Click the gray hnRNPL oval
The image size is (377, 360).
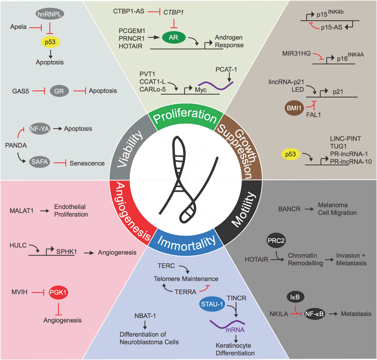(x=50, y=14)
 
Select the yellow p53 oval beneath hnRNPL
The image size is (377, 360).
(x=50, y=42)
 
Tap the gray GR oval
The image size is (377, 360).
(x=59, y=91)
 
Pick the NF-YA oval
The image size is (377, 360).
(x=40, y=129)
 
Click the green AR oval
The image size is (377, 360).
(x=174, y=37)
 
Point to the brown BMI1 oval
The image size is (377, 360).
(x=294, y=108)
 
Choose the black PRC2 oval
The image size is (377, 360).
(x=276, y=241)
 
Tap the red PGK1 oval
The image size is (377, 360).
(x=58, y=292)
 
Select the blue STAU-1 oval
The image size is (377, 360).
(x=212, y=304)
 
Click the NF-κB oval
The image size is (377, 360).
(x=314, y=314)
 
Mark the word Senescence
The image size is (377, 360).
(x=87, y=163)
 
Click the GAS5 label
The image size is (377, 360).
(x=21, y=91)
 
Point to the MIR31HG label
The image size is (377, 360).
(x=296, y=54)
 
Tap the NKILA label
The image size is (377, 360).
(x=279, y=314)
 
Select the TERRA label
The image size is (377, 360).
(x=185, y=292)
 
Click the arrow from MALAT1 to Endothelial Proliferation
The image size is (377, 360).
(x=45, y=211)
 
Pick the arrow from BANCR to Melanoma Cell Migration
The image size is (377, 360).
(x=309, y=209)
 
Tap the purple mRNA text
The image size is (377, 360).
(x=235, y=330)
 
